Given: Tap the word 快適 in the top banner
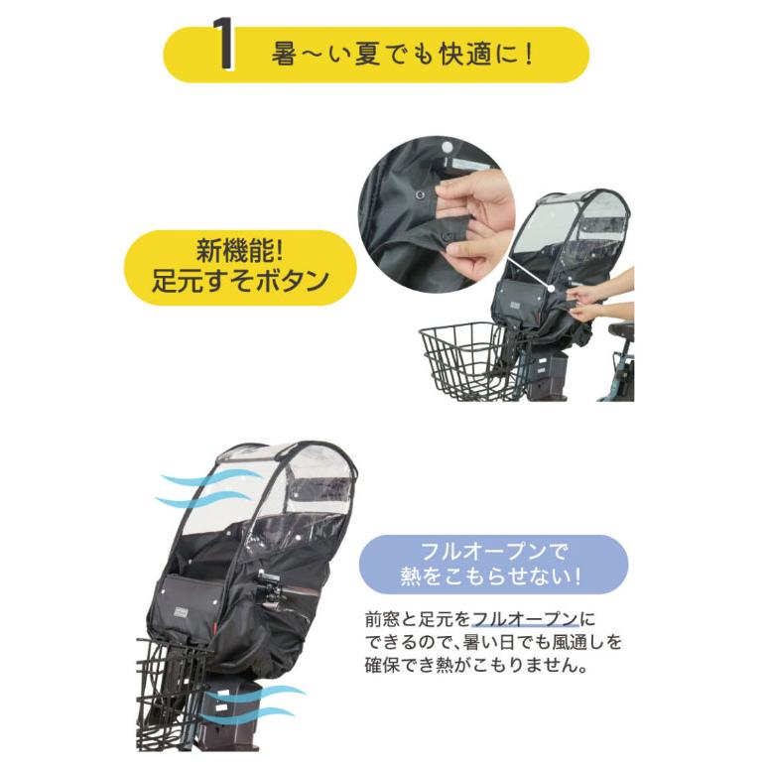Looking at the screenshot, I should tap(467, 53).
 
